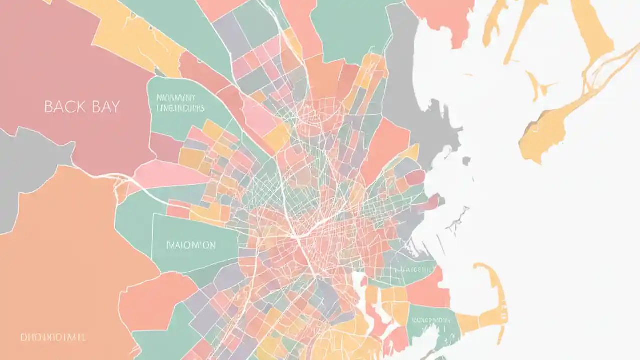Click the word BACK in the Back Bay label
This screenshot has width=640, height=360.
62,106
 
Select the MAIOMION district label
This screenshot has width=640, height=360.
191,245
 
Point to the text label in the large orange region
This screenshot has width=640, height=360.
53,337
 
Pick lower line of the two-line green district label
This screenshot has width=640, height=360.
180,108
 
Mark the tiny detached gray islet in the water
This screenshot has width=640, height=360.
466,161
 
